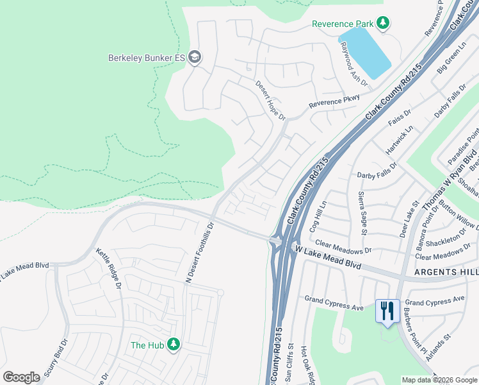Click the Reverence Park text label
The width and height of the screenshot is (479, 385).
point(342,24)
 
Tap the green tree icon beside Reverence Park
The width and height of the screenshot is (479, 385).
point(383,24)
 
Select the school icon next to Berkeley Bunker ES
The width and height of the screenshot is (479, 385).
point(195,58)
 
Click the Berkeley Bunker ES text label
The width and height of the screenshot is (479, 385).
point(146,58)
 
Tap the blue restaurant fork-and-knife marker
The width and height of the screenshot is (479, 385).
point(387,311)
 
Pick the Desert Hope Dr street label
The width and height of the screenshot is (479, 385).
point(270,99)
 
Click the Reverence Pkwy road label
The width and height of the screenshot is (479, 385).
point(334,103)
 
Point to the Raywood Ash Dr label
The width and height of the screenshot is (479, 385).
point(353,64)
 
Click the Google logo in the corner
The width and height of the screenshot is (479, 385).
point(21,377)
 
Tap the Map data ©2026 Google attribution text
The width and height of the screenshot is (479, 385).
point(439,380)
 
